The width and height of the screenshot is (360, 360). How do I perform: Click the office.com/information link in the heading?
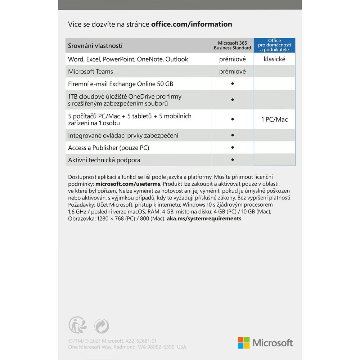(x=192, y=24)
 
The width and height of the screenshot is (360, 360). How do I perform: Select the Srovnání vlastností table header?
(x=95, y=46)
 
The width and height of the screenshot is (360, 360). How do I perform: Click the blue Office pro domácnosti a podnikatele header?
(x=274, y=45)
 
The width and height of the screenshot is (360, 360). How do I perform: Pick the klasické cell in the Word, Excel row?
(x=274, y=59)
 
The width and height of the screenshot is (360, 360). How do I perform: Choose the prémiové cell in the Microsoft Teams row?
(x=232, y=72)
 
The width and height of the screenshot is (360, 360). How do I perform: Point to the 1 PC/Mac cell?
(x=274, y=120)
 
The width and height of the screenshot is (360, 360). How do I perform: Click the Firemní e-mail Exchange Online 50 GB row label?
(x=121, y=84)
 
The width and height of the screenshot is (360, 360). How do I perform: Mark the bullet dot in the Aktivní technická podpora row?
(x=233, y=159)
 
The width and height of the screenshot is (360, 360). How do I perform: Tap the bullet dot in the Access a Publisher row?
(x=233, y=147)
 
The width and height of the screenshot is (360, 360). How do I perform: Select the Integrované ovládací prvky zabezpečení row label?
(x=123, y=135)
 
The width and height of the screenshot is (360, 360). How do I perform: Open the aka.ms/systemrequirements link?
(x=204, y=219)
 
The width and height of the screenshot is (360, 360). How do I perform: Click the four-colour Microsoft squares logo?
(x=244, y=343)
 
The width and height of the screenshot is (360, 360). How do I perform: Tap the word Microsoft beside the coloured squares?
(x=273, y=343)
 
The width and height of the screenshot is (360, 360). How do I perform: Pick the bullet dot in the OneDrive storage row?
(x=233, y=99)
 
